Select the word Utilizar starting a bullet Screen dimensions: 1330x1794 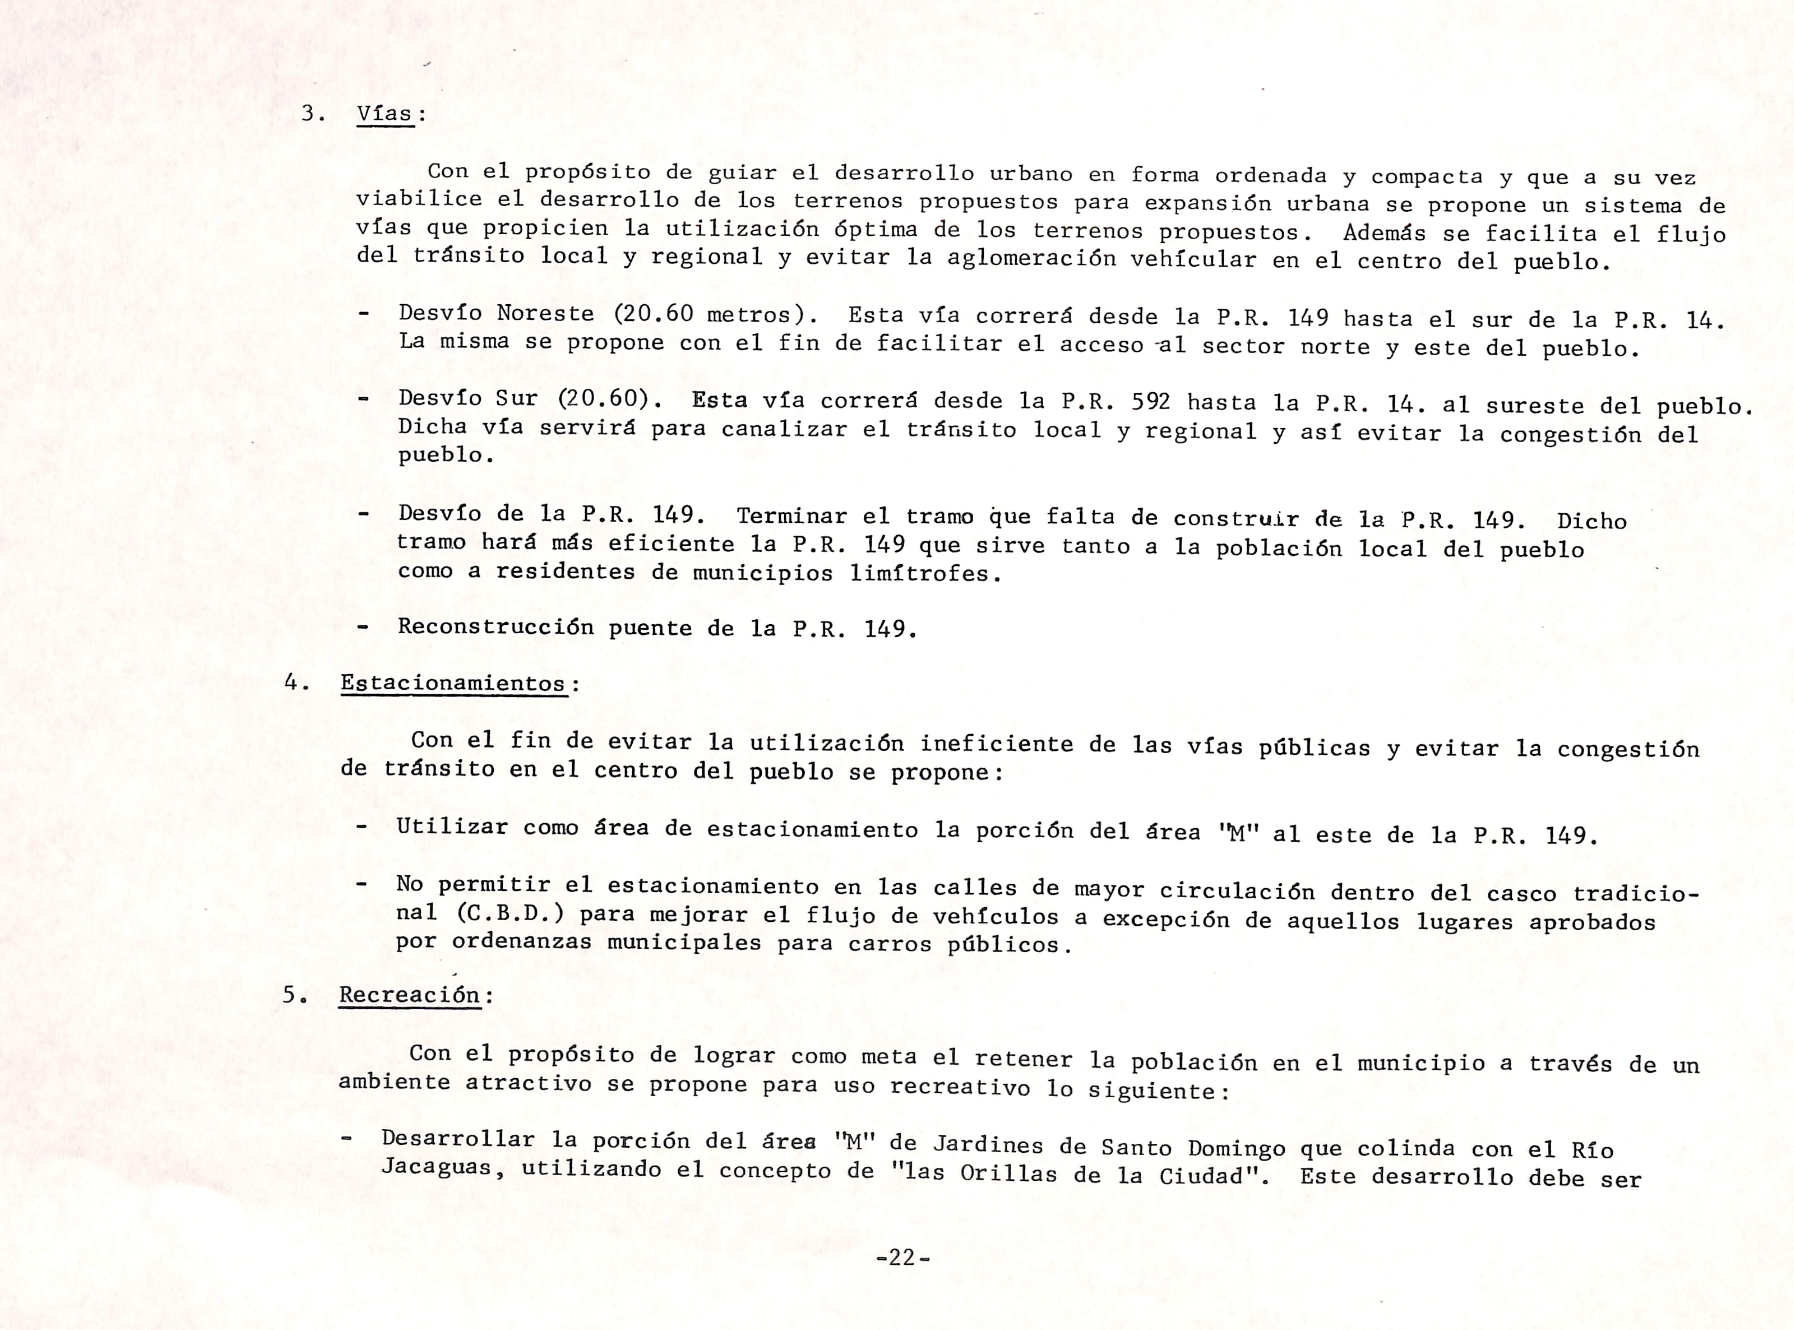click(x=452, y=827)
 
